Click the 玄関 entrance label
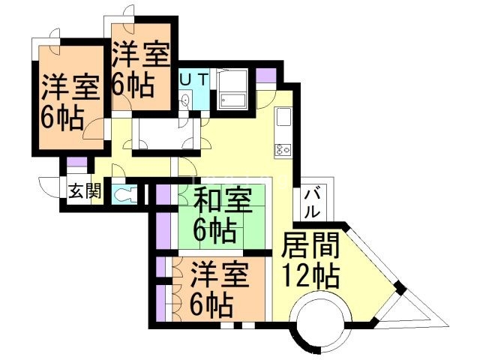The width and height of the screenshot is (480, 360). tap(84, 191)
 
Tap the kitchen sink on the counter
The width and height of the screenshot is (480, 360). tap(283, 118)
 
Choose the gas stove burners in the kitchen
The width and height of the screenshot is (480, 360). tap(283, 148)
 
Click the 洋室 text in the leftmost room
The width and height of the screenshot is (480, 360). tap(70, 88)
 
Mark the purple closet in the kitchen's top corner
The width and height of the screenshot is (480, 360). tap(265, 76)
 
